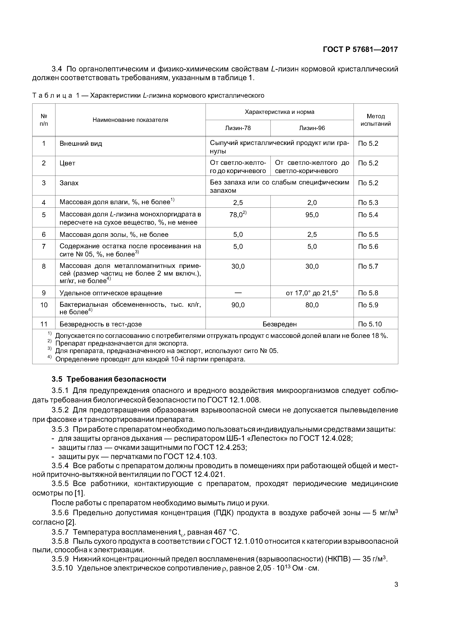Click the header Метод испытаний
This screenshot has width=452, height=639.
click(375, 120)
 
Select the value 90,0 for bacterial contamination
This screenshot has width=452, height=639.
click(238, 305)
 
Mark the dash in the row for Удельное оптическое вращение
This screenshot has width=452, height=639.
click(238, 293)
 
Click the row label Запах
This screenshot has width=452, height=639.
click(69, 183)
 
